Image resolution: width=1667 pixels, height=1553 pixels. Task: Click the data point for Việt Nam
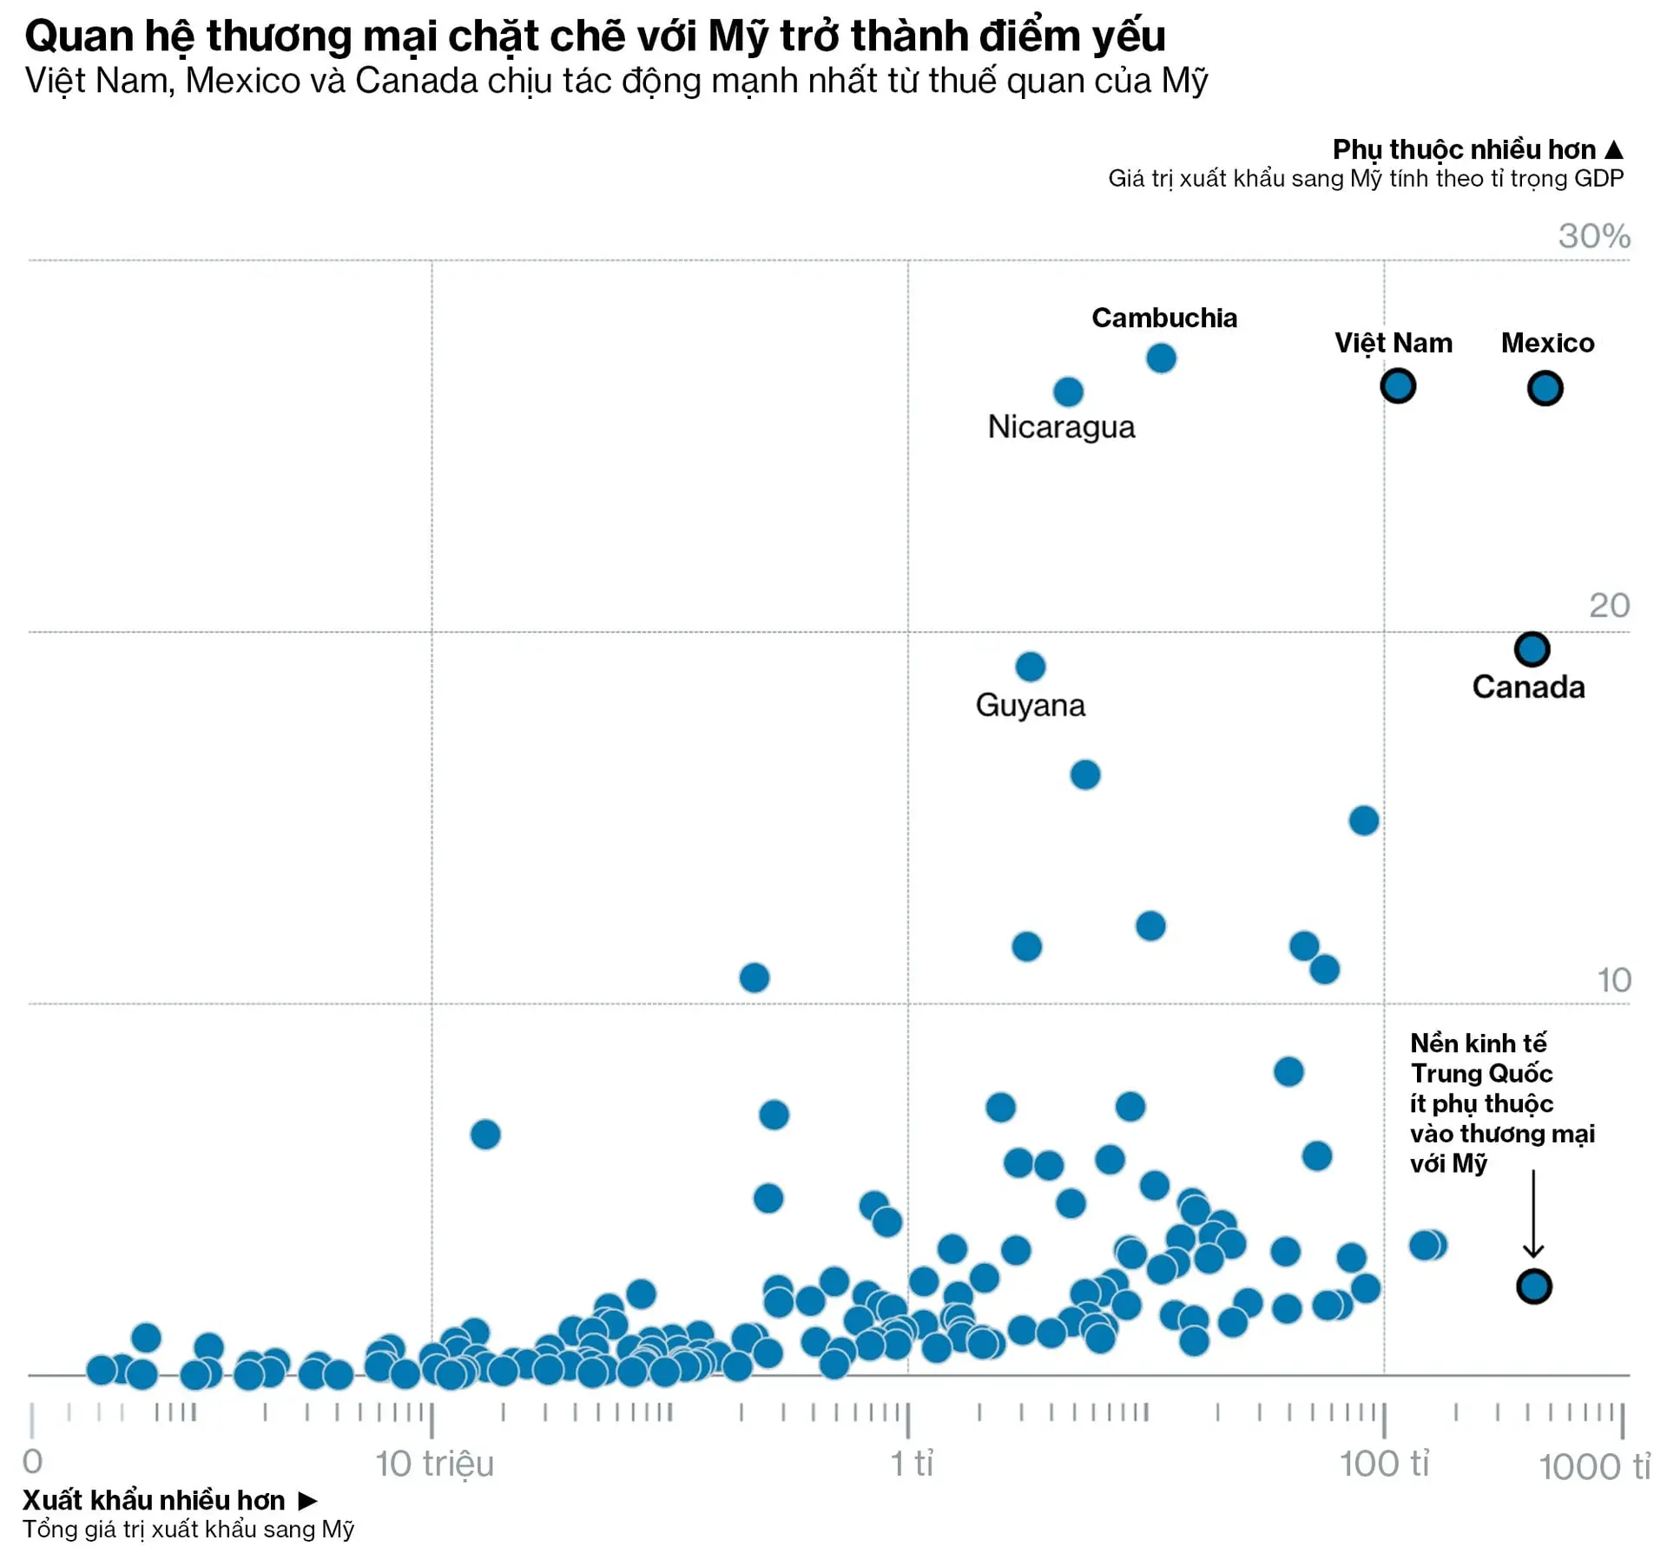point(1398,386)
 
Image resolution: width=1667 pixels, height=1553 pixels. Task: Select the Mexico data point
point(1545,388)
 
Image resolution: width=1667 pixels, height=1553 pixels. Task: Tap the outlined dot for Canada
point(1532,648)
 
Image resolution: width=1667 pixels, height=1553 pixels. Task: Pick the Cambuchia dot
point(1161,358)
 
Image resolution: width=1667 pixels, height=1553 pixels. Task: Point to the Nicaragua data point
point(1068,392)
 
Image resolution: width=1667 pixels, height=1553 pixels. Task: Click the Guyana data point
point(1030,667)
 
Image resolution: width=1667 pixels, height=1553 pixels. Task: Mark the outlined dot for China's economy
point(1533,1286)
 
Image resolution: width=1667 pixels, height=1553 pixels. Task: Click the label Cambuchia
point(1163,318)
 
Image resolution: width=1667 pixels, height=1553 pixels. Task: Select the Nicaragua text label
point(1061,427)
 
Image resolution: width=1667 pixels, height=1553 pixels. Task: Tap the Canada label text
point(1528,688)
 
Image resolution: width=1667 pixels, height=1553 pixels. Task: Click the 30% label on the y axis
point(1593,236)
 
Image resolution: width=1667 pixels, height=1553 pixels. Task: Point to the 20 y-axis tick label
point(1609,606)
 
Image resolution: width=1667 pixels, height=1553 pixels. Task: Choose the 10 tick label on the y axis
point(1613,981)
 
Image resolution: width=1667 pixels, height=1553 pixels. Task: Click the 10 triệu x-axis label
point(434,1464)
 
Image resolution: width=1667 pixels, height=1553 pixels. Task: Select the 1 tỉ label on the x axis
point(912,1464)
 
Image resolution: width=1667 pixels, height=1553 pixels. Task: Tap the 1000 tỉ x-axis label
point(1594,1468)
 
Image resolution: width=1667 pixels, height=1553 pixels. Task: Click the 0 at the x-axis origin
point(32,1462)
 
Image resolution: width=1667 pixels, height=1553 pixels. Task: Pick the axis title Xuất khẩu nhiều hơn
point(154,1501)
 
